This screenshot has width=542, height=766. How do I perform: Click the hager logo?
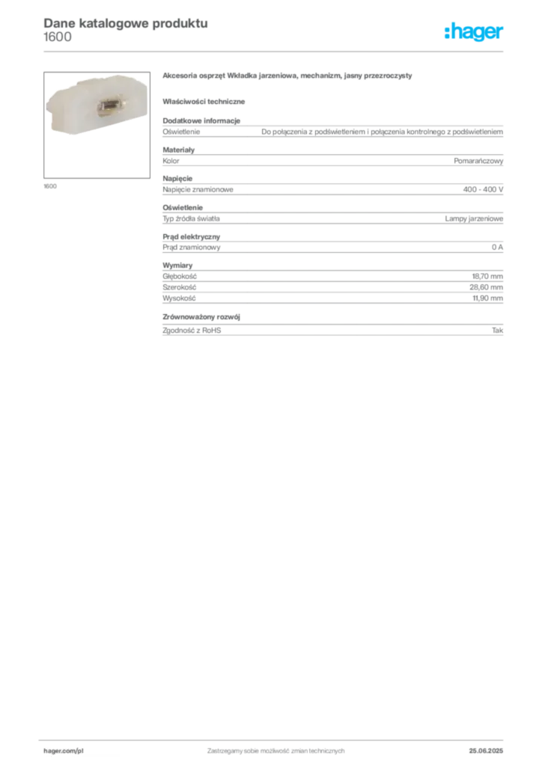point(473,32)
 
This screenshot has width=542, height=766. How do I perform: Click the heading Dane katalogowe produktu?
point(126,23)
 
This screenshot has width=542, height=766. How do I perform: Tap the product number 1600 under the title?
point(57,37)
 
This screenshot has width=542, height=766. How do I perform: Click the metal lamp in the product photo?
point(108,106)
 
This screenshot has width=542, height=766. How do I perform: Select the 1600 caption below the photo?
point(50,186)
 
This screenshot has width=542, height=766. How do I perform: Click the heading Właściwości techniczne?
point(204,102)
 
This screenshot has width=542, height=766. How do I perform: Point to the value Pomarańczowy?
point(478,161)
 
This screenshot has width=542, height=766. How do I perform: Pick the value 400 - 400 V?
point(483,189)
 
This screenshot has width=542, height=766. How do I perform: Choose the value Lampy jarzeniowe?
point(474,218)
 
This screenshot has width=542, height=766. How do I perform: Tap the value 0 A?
point(497,247)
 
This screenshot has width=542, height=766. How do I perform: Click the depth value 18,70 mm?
point(487,277)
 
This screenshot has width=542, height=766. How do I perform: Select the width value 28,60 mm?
point(487,287)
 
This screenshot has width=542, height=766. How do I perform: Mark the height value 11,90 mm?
point(487,298)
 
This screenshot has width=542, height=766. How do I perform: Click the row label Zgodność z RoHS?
point(192,330)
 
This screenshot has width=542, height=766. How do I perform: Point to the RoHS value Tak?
point(497,330)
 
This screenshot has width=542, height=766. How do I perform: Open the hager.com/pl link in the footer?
point(64,751)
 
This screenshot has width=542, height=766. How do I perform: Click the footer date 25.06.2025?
point(486,751)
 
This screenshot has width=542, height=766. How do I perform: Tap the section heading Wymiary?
point(177,266)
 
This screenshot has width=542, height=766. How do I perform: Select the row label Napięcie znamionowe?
point(198,189)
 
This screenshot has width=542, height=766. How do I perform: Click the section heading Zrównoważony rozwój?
point(201,316)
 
